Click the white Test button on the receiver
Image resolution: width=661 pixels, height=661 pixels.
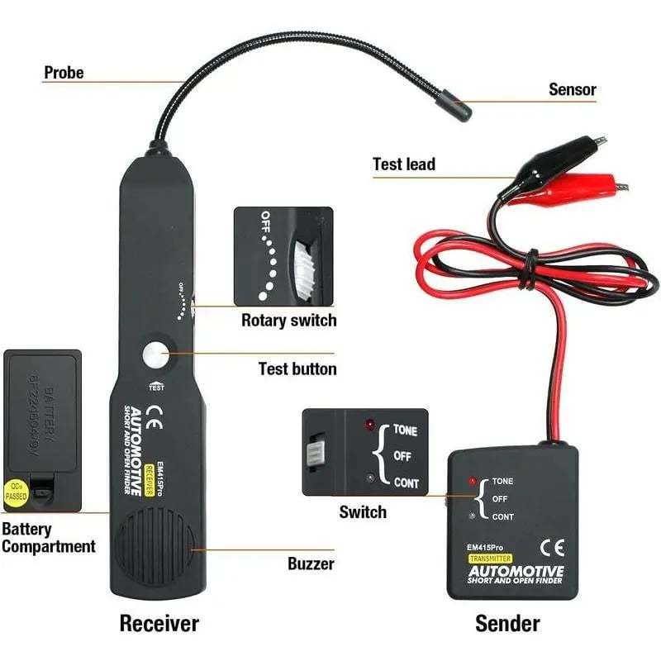(x=155, y=356)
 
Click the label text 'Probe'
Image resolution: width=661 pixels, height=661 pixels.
(x=64, y=73)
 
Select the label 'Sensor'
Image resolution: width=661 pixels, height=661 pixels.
(x=572, y=89)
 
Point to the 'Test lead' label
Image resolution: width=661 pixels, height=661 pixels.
(x=404, y=164)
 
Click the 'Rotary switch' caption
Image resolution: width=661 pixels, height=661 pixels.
(x=288, y=320)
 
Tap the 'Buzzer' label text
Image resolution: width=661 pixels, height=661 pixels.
(x=311, y=564)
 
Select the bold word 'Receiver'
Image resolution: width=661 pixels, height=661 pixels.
(x=159, y=622)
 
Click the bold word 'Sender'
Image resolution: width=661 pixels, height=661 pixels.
(x=507, y=622)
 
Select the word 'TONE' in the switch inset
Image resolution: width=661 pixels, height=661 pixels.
(x=405, y=430)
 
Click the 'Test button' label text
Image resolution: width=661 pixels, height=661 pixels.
(x=297, y=369)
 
